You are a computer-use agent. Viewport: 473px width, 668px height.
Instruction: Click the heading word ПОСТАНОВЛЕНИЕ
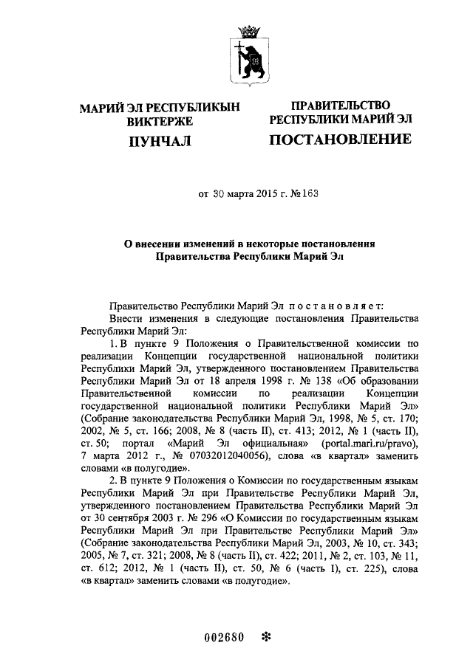(x=340, y=140)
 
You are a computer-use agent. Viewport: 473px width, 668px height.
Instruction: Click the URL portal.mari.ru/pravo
(x=358, y=442)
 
